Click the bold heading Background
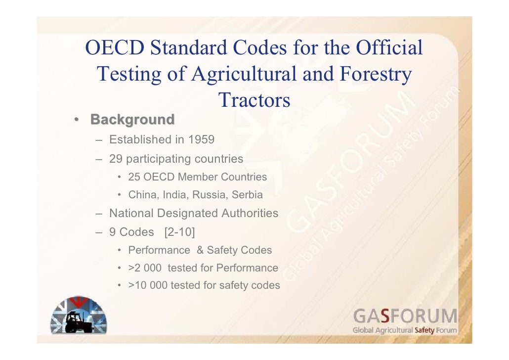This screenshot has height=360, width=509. (132, 120)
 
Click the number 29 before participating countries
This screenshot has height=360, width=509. (116, 159)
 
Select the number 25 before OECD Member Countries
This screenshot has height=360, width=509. (134, 177)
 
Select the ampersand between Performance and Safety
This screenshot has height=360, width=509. (200, 250)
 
